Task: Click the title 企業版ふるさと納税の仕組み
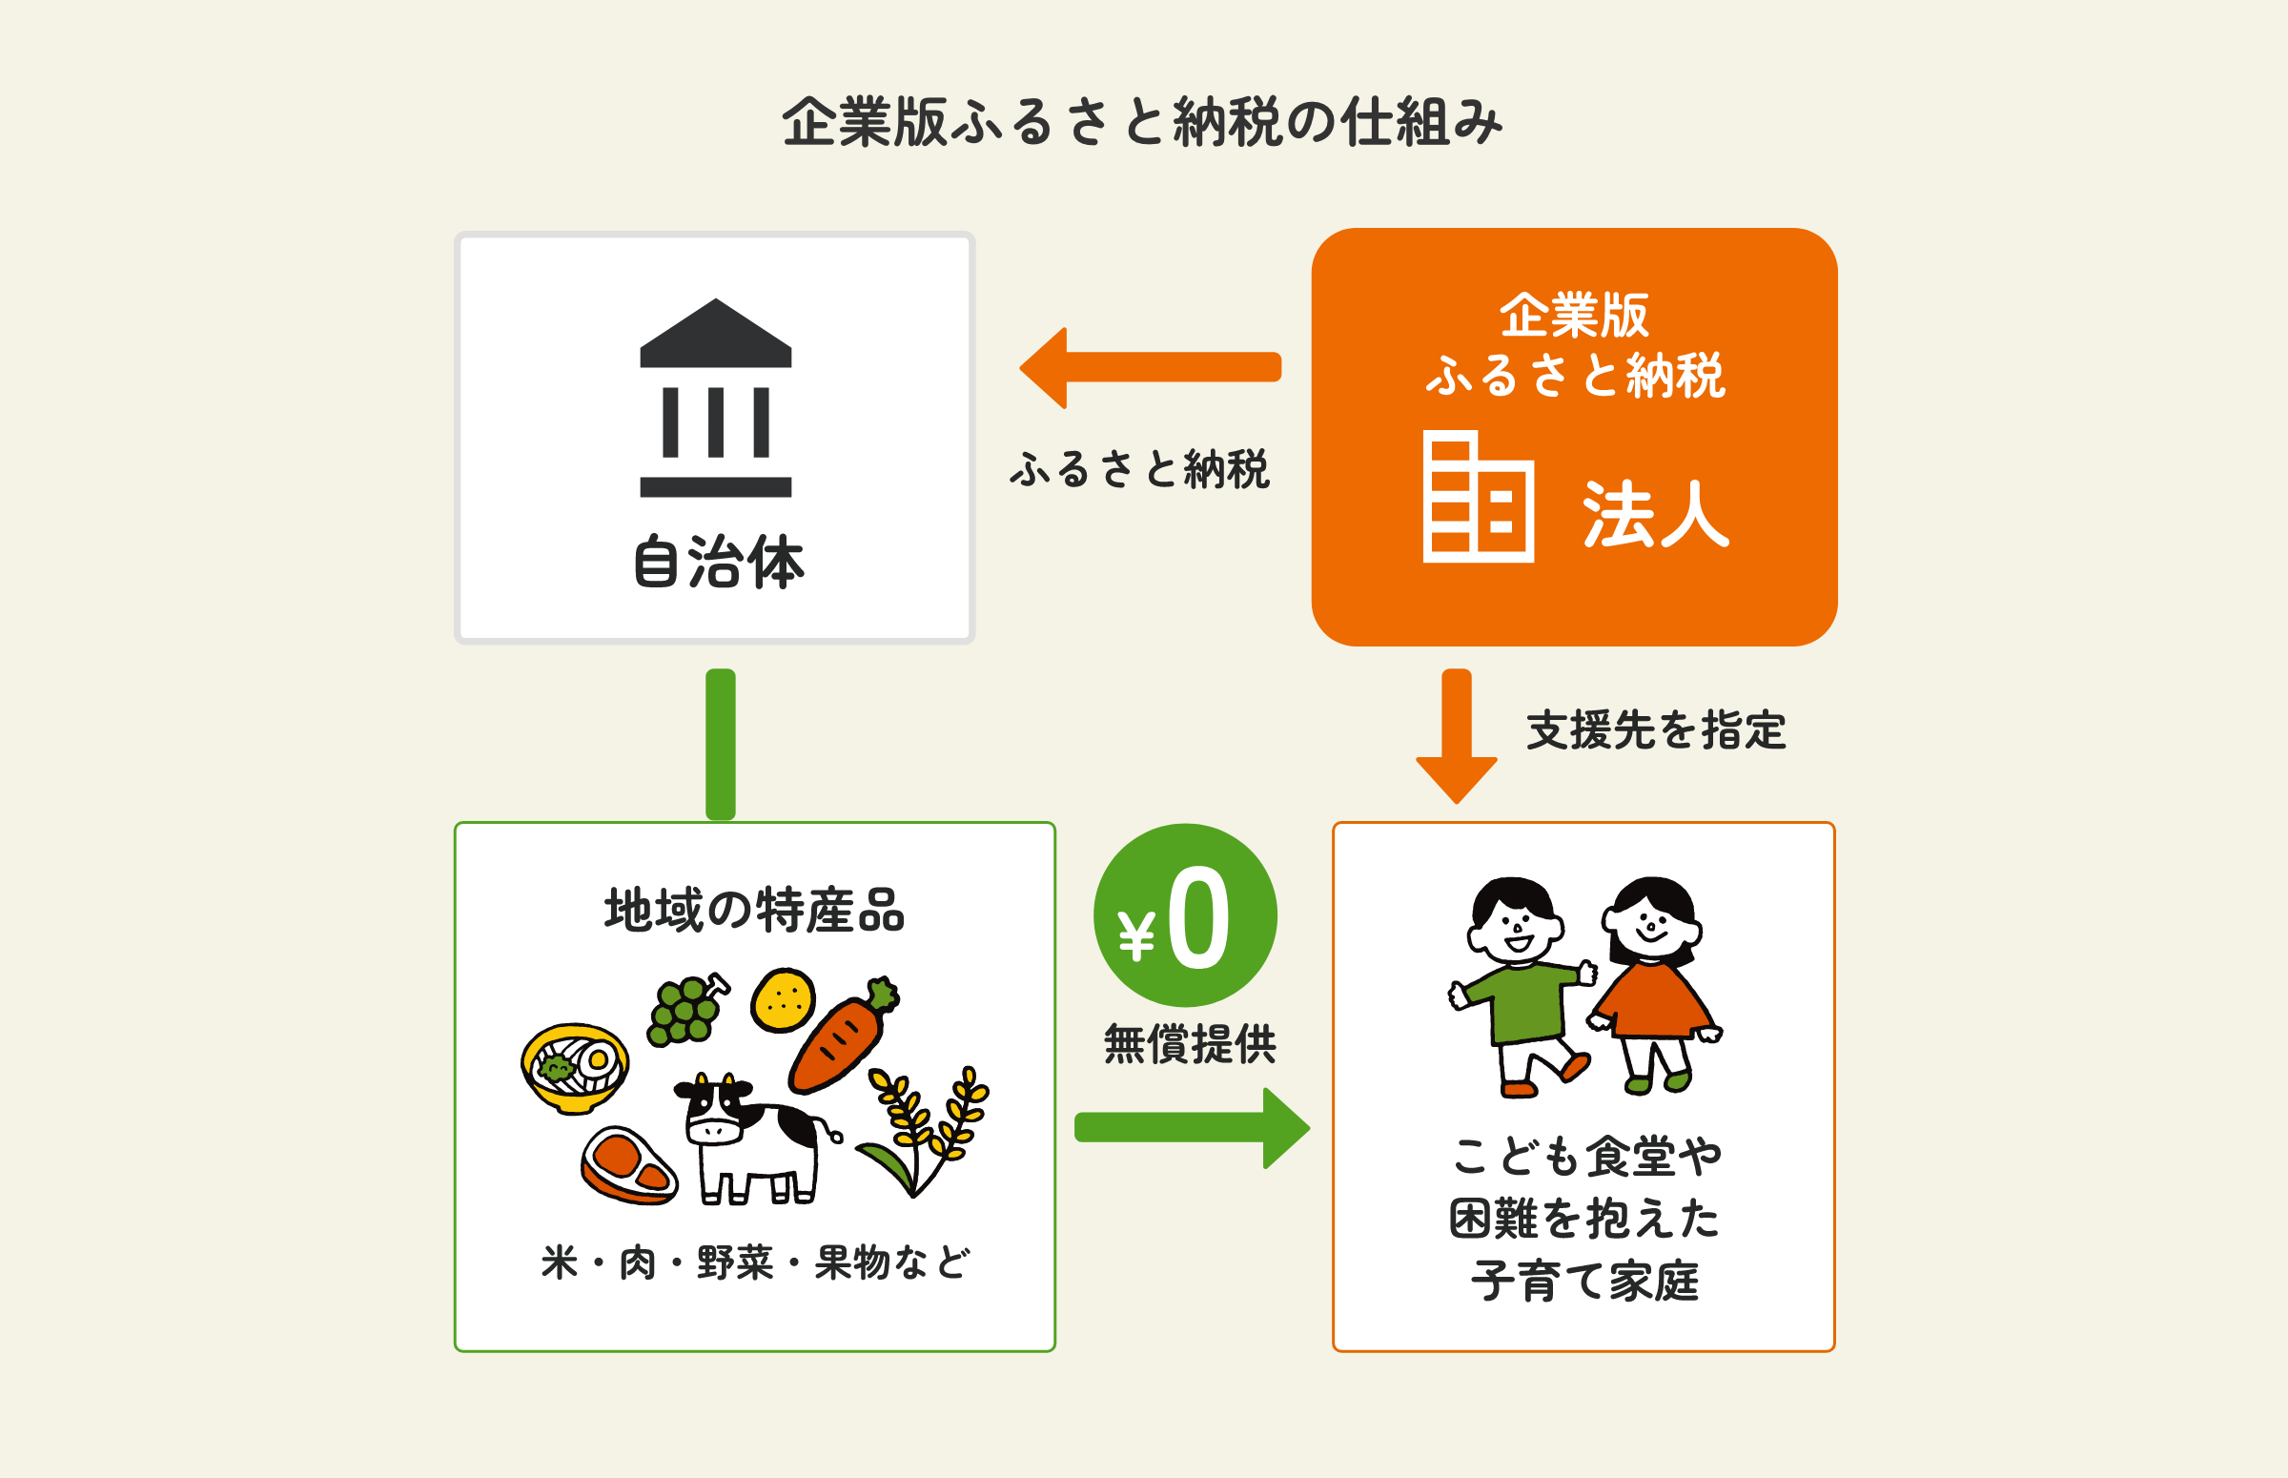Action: (x=1141, y=123)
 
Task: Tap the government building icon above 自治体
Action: (x=716, y=398)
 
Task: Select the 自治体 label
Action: (x=719, y=563)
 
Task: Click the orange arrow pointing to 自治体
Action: (x=1150, y=367)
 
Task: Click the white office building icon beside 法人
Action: (x=1478, y=497)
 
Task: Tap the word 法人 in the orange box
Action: (x=1655, y=514)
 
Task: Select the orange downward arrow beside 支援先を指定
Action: (x=1457, y=735)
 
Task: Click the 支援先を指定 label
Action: (x=1656, y=730)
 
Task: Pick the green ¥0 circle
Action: (x=1185, y=915)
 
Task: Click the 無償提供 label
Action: (x=1190, y=1044)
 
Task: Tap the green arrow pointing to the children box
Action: (x=1192, y=1128)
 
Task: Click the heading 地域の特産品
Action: (x=754, y=910)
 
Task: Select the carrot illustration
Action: (x=842, y=1037)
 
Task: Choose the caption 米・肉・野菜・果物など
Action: (x=755, y=1263)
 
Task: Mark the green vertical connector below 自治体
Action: (x=721, y=744)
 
